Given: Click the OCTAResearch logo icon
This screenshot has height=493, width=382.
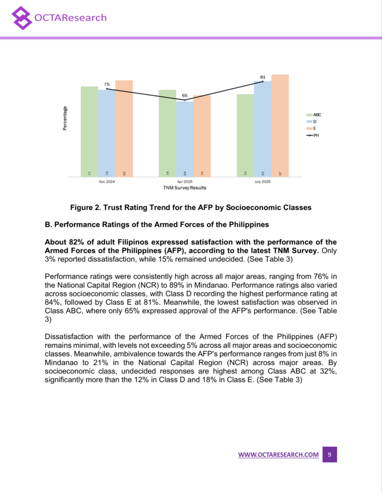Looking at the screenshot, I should click(21, 18).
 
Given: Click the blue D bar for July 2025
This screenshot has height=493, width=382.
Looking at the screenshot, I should click(262, 129).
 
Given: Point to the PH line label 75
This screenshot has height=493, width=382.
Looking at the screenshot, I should click(107, 84).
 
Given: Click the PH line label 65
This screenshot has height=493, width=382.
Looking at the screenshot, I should click(185, 96).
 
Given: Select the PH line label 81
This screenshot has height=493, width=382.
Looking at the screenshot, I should click(263, 77).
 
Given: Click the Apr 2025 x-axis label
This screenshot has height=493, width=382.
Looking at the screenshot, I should click(185, 182).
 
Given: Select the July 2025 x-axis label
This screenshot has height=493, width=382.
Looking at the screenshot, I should click(262, 182).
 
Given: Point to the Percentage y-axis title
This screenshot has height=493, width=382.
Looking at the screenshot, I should click(65, 118).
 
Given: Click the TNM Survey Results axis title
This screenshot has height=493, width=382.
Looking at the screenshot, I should click(184, 188).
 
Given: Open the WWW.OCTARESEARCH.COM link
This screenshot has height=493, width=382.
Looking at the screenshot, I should click(278, 454).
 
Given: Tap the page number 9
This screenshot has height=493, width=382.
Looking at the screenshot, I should click(329, 454).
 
